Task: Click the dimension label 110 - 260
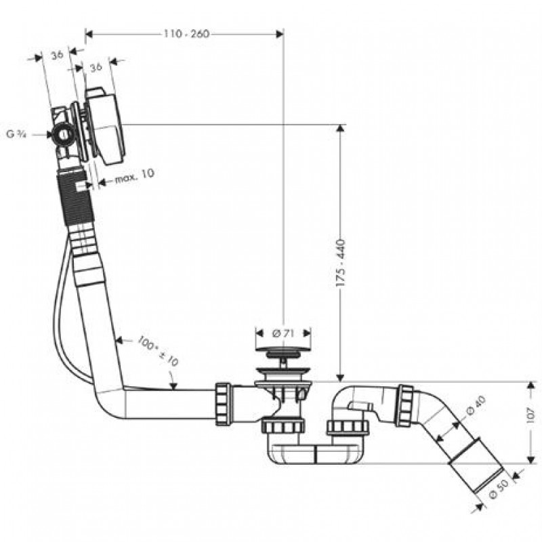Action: point(187,34)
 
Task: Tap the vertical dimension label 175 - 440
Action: point(341,262)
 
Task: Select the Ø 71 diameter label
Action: point(283,333)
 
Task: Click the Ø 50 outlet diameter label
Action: point(499,488)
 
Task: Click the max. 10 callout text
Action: point(134,176)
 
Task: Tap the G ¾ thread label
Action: point(16,134)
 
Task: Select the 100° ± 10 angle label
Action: point(158,350)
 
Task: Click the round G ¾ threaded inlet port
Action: point(63,135)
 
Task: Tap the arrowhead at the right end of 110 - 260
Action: point(280,34)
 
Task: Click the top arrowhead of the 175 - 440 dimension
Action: point(341,128)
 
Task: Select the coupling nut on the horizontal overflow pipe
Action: point(223,404)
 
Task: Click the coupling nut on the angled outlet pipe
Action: point(404,404)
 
